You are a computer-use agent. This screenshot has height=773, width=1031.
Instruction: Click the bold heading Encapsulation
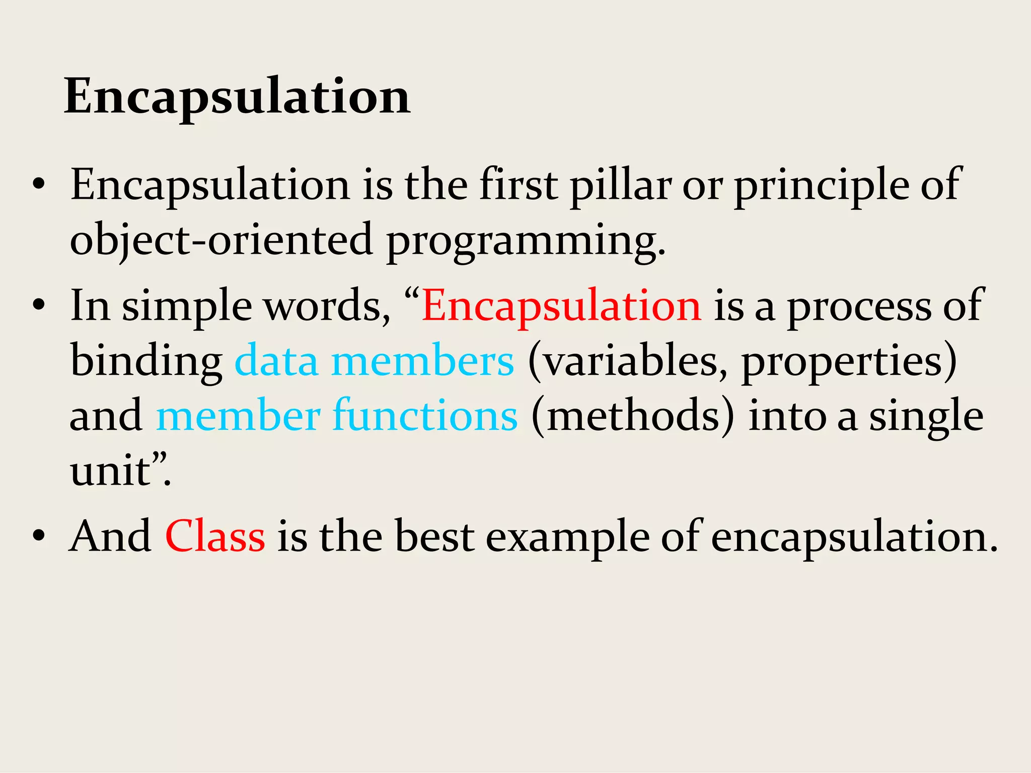237,97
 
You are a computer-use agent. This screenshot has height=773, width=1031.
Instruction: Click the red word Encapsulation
561,306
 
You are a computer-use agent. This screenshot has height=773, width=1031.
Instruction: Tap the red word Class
215,536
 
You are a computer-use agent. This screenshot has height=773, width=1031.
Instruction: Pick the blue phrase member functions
337,416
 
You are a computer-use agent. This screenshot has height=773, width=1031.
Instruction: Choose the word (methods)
633,416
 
